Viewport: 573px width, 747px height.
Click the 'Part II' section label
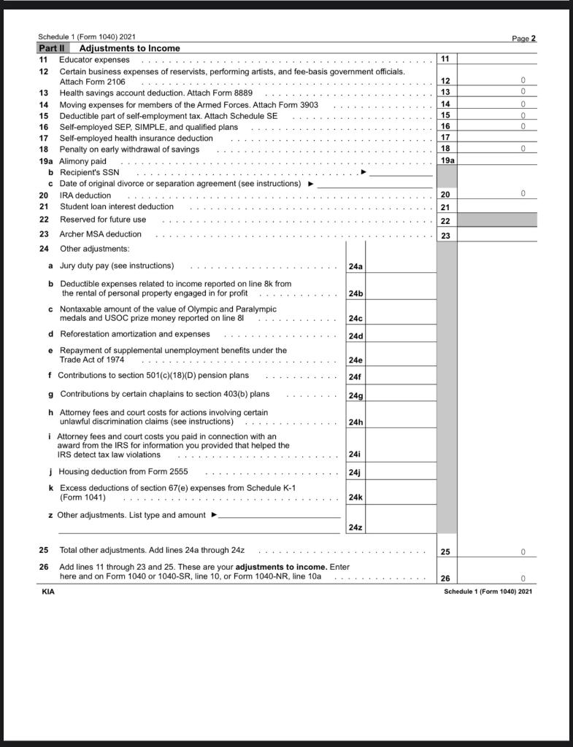pos(52,48)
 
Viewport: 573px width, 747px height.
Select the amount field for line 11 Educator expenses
pos(496,59)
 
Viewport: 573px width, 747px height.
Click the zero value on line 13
pos(523,92)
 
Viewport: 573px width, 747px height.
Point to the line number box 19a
pos(447,160)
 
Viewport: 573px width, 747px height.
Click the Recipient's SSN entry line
pos(401,172)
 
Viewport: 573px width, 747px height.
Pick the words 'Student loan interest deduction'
pos(117,206)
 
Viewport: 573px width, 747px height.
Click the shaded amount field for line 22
pos(496,220)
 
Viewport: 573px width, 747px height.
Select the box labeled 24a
pos(355,267)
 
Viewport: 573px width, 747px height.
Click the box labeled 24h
pos(355,422)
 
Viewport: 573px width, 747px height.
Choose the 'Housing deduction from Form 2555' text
pos(123,471)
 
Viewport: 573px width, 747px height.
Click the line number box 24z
pos(355,527)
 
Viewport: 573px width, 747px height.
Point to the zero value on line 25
pos(523,552)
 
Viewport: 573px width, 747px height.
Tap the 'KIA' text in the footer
pos(48,592)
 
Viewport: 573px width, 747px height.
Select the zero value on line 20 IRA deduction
pos(523,194)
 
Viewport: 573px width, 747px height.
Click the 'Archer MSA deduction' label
pos(101,234)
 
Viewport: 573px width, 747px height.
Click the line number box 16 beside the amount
pos(446,126)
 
